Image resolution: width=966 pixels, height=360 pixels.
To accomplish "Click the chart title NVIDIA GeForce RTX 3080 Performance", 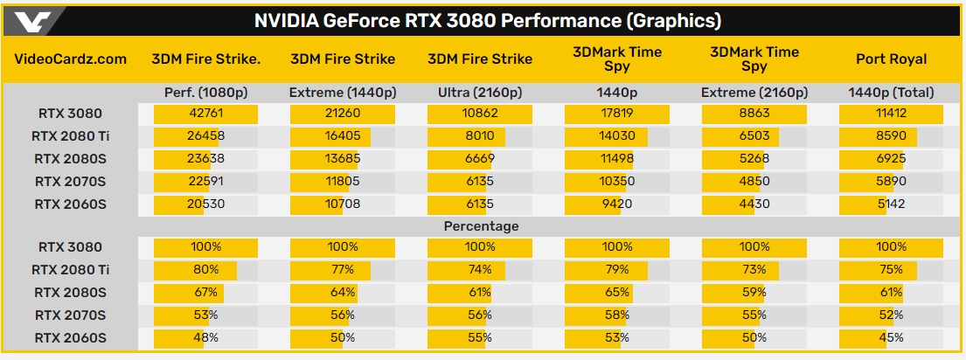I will click(487, 20).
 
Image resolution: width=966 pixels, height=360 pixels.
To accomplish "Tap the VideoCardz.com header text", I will click(72, 59).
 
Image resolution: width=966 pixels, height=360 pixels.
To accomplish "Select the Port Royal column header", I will click(891, 59).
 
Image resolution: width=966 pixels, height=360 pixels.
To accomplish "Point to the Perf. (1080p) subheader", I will click(205, 92).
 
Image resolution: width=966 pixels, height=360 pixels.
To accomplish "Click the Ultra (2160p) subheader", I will click(479, 92).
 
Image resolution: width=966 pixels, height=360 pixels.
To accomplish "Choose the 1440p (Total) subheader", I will click(891, 92).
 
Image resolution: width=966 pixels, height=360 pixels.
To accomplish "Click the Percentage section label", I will click(481, 226).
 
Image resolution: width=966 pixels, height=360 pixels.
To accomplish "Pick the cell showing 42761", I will click(205, 114).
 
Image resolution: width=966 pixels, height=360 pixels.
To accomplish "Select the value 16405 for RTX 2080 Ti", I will click(342, 136).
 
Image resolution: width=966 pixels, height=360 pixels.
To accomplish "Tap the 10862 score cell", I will click(479, 114).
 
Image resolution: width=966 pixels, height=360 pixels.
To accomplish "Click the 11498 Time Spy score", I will click(617, 159).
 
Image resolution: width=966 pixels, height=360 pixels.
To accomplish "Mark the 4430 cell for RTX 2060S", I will click(754, 204).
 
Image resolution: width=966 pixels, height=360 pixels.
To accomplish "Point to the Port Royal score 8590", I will click(891, 136).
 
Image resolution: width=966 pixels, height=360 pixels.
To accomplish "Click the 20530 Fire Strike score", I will click(205, 204).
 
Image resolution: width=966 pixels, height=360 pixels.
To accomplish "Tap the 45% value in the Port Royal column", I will click(891, 337).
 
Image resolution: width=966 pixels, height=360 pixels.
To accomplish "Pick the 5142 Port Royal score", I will click(891, 204).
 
